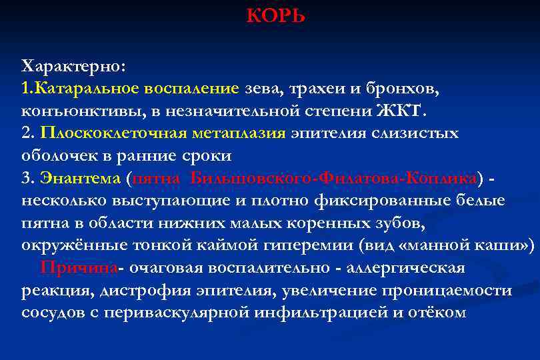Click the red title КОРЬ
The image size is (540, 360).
pos(275,15)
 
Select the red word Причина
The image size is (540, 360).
pos(79,268)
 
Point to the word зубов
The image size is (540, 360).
pos(385,223)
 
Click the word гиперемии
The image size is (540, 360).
pos(307,245)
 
